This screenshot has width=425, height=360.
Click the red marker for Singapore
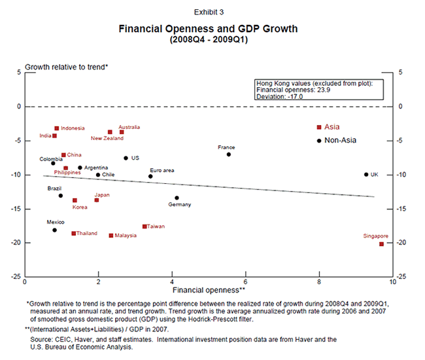[x=381, y=243]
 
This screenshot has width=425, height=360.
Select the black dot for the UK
[x=366, y=174]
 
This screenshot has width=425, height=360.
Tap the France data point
[x=229, y=154]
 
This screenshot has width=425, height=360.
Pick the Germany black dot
[x=177, y=198]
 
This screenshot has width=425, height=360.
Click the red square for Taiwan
[x=144, y=226]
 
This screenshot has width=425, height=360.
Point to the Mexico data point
[x=54, y=230]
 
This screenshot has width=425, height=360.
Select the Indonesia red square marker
[x=57, y=128]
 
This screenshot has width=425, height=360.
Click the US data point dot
[x=126, y=158]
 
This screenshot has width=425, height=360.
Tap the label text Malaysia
[x=126, y=235]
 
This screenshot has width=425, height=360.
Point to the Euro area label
[x=161, y=170]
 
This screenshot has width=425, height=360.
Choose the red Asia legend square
[x=319, y=127]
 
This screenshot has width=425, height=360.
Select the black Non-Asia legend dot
[x=319, y=140]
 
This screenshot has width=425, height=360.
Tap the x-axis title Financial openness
[x=209, y=289]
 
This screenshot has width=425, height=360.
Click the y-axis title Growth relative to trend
[x=65, y=67]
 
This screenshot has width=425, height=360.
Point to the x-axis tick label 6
[x=245, y=281]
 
